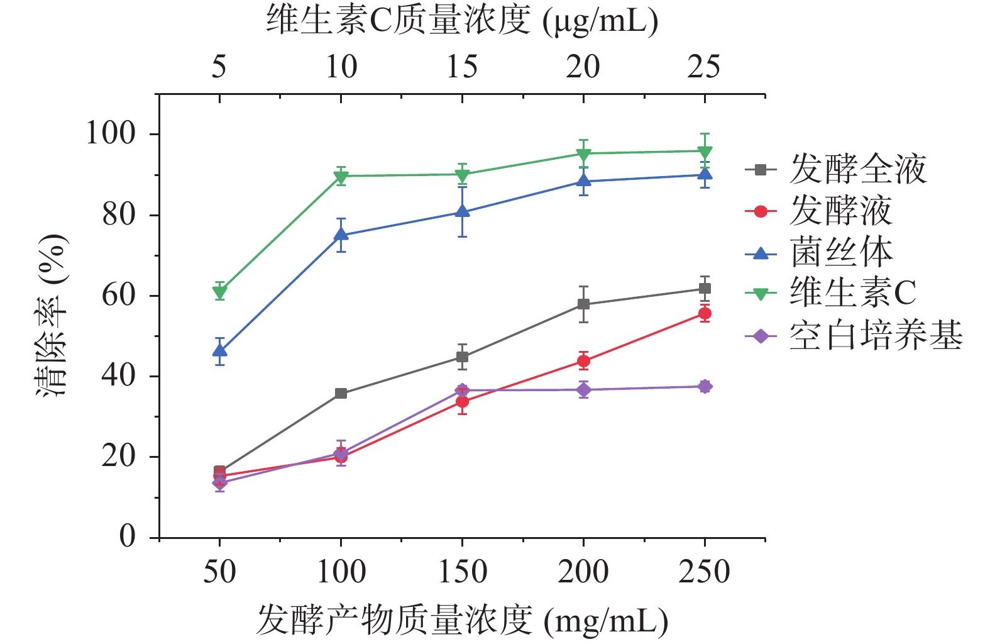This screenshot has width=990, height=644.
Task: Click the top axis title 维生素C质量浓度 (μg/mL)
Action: pyautogui.click(x=462, y=21)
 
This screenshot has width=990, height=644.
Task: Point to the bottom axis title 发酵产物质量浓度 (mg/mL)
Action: pyautogui.click(x=462, y=621)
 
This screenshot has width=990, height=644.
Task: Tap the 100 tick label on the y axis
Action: pyautogui.click(x=111, y=134)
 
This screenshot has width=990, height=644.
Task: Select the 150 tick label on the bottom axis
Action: pyautogui.click(x=462, y=572)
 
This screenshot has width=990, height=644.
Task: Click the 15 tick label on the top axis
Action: pyautogui.click(x=462, y=67)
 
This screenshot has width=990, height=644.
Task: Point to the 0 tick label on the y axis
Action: pyautogui.click(x=128, y=537)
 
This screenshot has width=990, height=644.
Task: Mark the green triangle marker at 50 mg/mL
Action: pyautogui.click(x=219, y=292)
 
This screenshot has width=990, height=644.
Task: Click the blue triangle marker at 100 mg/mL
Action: pyautogui.click(x=341, y=235)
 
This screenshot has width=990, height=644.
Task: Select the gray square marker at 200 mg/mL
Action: pyautogui.click(x=583, y=304)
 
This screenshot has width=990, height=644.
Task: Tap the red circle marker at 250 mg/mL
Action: pyautogui.click(x=705, y=313)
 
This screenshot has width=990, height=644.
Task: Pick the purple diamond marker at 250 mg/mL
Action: pyautogui.click(x=705, y=386)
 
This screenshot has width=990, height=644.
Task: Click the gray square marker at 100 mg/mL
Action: pyautogui.click(x=341, y=394)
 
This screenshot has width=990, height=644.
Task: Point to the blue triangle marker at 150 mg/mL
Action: pyautogui.click(x=462, y=212)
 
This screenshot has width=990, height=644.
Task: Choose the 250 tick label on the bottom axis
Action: pyautogui.click(x=704, y=572)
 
